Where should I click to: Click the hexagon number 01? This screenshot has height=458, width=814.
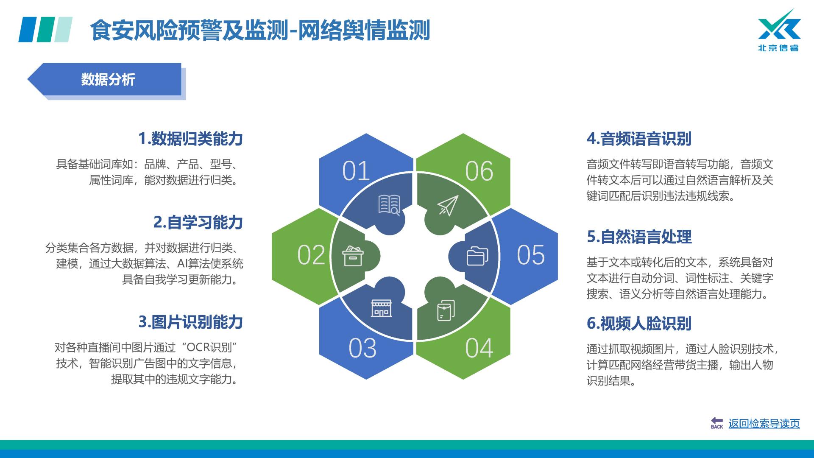pyautogui.click(x=356, y=171)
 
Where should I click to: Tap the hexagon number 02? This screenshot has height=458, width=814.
pyautogui.click(x=311, y=255)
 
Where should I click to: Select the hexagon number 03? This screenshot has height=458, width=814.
pyautogui.click(x=362, y=348)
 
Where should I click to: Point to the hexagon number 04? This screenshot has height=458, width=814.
pyautogui.click(x=479, y=348)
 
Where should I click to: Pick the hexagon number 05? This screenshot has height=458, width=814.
pyautogui.click(x=531, y=255)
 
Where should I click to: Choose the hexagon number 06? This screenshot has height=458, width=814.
pyautogui.click(x=479, y=171)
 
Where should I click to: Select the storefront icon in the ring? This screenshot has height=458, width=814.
pyautogui.click(x=382, y=308)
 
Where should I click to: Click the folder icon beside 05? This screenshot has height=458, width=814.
pyautogui.click(x=477, y=256)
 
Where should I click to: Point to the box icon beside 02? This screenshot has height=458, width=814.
pyautogui.click(x=353, y=256)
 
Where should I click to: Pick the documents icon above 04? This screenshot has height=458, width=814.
pyautogui.click(x=446, y=310)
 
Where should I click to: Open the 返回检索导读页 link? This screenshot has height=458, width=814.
pyautogui.click(x=764, y=423)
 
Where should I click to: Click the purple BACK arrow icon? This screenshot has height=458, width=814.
pyautogui.click(x=717, y=423)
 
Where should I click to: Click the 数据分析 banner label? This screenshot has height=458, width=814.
pyautogui.click(x=108, y=79)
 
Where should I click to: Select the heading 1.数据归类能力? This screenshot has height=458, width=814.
pyautogui.click(x=190, y=139)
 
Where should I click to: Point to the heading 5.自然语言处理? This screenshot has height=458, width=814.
pyautogui.click(x=639, y=237)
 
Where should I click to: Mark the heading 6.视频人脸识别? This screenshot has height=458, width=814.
pyautogui.click(x=639, y=324)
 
